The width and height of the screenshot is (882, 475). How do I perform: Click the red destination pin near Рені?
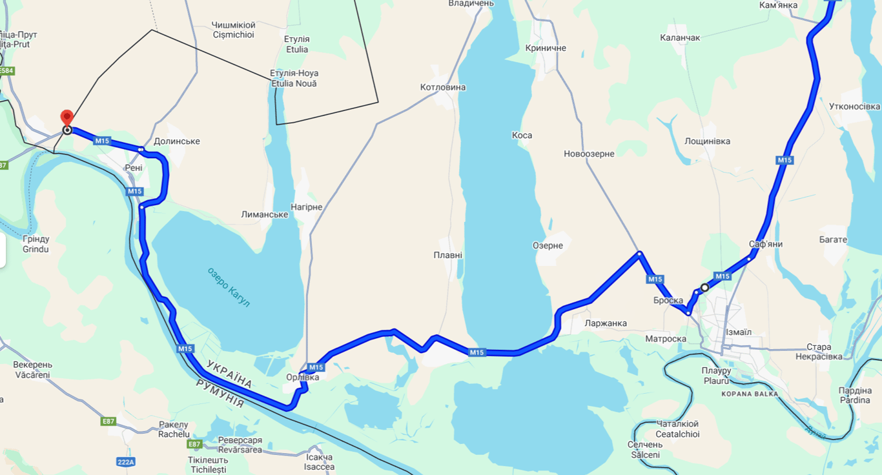67,118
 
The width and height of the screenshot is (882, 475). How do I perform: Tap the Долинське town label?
177,141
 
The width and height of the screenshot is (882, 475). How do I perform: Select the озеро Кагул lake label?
229,287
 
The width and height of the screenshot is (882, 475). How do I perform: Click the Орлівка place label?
302,378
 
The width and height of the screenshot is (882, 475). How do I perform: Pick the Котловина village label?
442,87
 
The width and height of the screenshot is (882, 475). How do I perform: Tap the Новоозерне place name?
589,154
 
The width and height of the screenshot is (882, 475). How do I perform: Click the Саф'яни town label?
766,244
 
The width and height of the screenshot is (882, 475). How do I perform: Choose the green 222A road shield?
126,461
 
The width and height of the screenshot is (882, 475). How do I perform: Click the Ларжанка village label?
605,323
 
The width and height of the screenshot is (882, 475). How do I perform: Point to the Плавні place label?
447,255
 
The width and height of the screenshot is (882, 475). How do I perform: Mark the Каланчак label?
680,38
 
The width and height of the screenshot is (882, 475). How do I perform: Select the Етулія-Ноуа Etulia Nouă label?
294,78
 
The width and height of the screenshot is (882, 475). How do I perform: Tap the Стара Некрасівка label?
828,352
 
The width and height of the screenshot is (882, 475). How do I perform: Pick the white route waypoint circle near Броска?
704,287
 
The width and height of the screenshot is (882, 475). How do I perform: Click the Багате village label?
833,239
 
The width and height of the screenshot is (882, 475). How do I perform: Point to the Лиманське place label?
264,214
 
